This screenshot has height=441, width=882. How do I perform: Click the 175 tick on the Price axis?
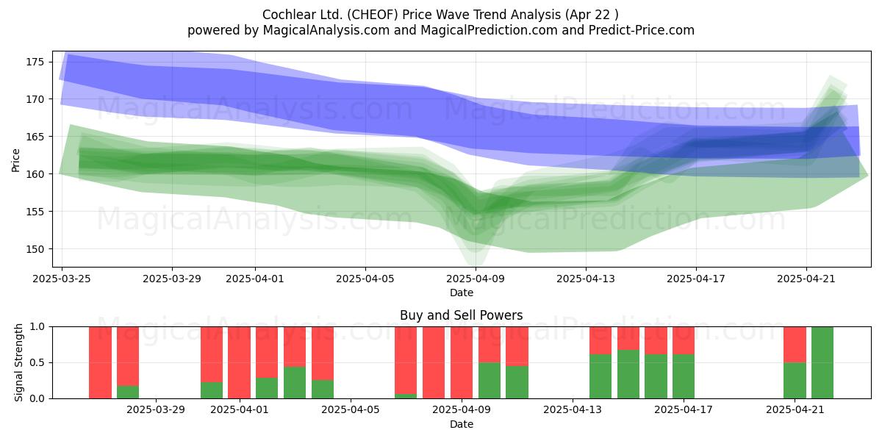click(35, 62)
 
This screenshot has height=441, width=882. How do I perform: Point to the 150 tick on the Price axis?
click(35, 249)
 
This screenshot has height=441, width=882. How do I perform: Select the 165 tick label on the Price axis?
click(35, 137)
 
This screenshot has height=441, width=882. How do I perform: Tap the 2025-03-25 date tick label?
click(62, 279)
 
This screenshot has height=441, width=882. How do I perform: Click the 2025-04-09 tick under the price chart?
click(476, 279)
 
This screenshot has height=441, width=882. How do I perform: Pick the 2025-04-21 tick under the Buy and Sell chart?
click(795, 410)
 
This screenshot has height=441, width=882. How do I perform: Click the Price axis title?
click(15, 160)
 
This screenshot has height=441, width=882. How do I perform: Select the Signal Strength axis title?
click(18, 362)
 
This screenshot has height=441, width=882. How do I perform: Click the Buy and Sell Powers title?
click(461, 315)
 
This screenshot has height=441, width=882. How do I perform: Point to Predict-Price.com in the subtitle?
click(642, 30)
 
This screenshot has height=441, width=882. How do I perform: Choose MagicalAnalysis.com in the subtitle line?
click(326, 30)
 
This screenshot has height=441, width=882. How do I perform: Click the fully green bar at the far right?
click(822, 362)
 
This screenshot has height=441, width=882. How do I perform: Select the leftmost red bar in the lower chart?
click(100, 362)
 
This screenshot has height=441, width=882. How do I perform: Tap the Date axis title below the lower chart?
click(461, 425)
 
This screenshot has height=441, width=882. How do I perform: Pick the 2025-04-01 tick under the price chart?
click(255, 279)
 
